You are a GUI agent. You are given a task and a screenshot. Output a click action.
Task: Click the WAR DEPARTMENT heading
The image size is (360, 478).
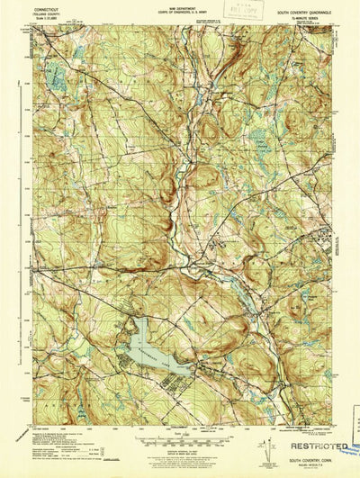click(183, 7)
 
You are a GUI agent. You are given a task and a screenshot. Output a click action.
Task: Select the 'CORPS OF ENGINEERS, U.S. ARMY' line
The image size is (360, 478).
click(183, 12)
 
